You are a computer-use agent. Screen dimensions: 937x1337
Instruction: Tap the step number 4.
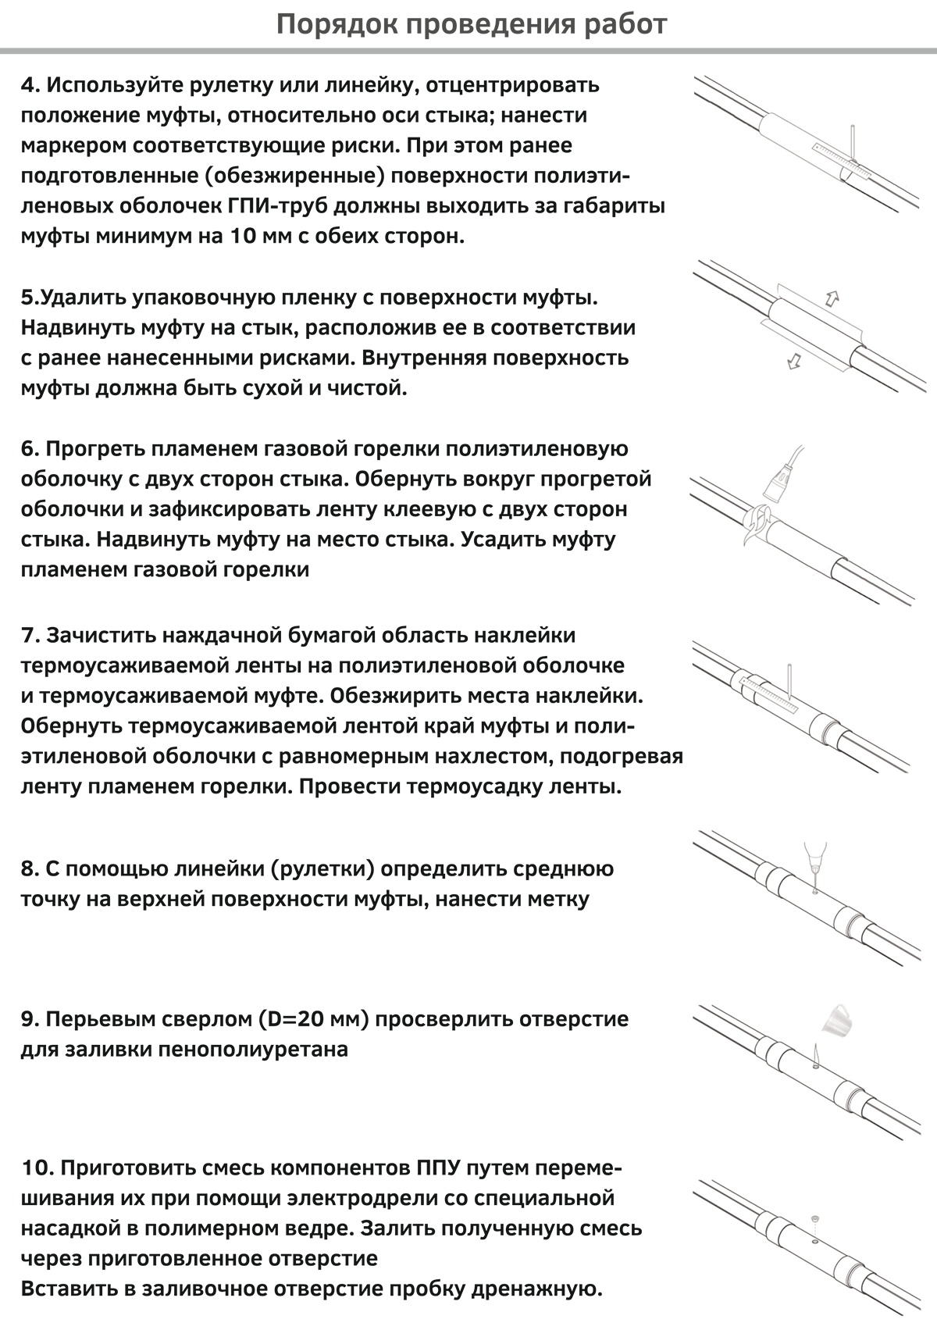[x=30, y=85]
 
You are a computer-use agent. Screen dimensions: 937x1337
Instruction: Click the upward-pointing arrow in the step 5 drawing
[x=832, y=298]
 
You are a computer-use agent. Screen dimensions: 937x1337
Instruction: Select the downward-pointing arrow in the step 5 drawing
[x=794, y=361]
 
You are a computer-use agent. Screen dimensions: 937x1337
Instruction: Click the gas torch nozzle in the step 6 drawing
[x=776, y=484]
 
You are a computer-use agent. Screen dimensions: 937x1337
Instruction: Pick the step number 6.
[x=30, y=449]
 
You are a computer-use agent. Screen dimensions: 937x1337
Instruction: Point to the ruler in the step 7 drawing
[x=769, y=693]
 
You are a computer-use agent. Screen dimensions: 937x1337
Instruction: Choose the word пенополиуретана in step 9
[x=252, y=1050]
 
